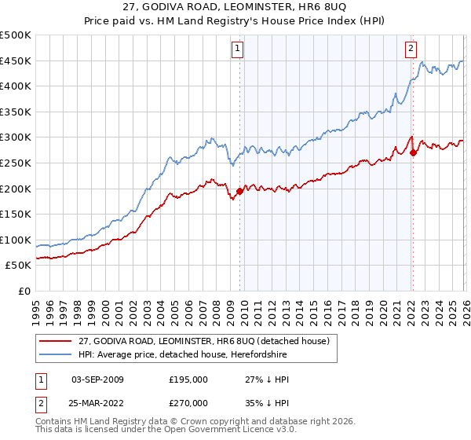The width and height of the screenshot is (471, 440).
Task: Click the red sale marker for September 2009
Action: [x=239, y=190]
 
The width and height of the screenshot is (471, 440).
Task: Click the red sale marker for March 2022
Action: [x=413, y=152]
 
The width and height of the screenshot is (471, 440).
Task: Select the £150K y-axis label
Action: [x=16, y=214]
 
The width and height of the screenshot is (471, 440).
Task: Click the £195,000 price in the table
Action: [x=188, y=379]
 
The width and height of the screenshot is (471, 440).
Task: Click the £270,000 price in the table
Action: [x=188, y=401]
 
